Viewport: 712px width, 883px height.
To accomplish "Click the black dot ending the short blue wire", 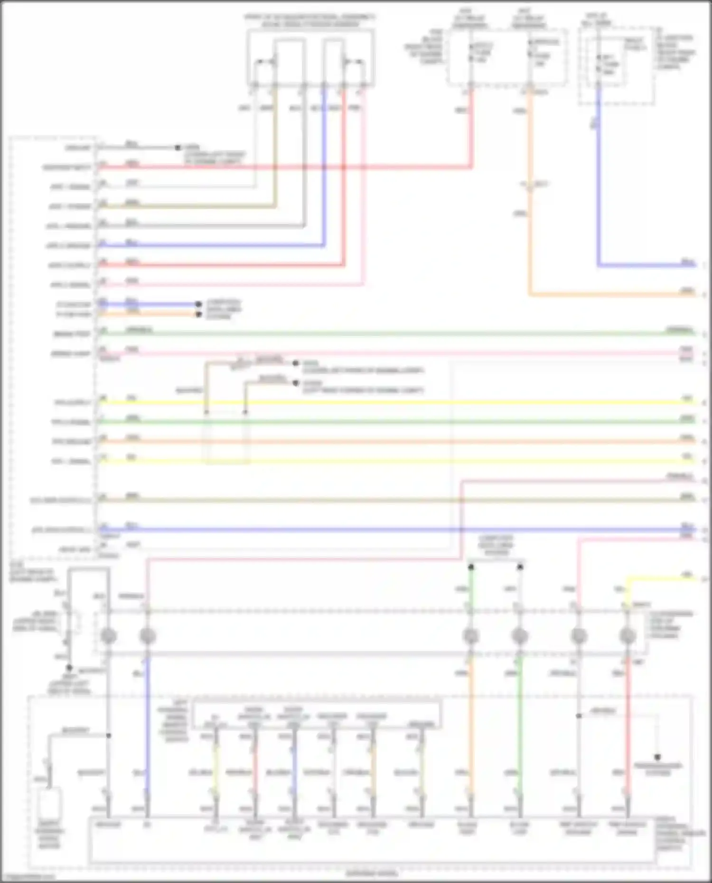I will [198, 304].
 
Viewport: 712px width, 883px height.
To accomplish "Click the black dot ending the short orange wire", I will [199, 315].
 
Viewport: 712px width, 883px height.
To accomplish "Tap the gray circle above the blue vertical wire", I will [148, 636].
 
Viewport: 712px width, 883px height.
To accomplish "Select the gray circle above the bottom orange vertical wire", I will [471, 636].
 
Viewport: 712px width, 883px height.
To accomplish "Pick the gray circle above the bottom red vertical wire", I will [628, 636].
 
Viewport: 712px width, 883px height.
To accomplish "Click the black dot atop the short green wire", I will [471, 567].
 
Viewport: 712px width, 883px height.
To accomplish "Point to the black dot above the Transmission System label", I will [658, 757].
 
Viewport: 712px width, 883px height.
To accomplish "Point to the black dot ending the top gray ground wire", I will [178, 148].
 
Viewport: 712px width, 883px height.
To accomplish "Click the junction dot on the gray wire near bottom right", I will [579, 716].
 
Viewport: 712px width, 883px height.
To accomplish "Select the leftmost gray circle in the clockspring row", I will [109, 636].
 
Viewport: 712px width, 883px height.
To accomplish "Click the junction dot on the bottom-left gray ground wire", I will [109, 735].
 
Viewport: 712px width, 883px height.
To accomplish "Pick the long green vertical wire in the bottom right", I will [520, 731].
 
